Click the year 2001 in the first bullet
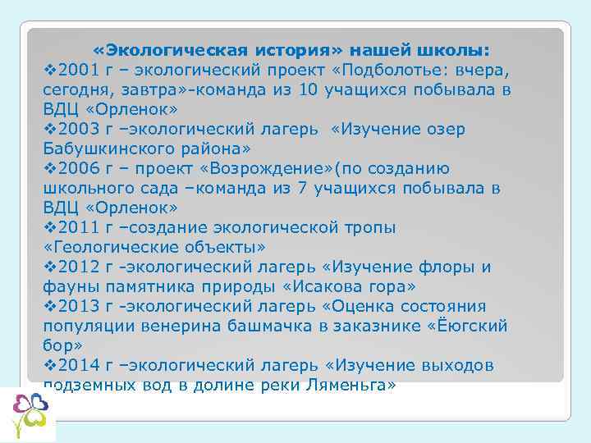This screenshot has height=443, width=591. [77, 70]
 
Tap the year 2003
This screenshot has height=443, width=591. [77, 129]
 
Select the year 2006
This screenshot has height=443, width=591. [77, 168]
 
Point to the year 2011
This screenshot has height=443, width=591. [77, 227]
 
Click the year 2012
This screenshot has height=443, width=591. [77, 267]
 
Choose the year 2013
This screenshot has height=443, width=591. [77, 306]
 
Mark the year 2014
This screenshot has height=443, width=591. [77, 365]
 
